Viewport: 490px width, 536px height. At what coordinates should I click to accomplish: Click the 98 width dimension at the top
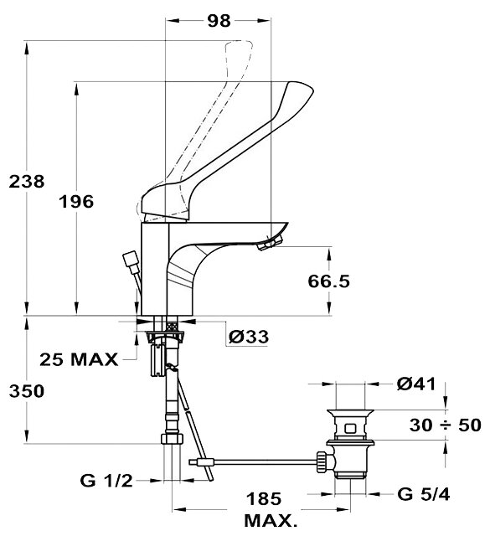coord(219,21)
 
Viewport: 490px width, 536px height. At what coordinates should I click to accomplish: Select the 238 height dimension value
coord(27,181)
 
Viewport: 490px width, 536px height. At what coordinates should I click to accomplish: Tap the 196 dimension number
coord(76,202)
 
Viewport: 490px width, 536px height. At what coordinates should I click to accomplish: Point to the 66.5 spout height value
coord(328,281)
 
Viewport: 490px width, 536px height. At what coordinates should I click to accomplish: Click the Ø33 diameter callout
coord(249,337)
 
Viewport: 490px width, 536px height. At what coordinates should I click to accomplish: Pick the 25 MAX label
coord(79,359)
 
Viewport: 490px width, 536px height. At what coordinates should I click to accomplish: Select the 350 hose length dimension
coord(27,391)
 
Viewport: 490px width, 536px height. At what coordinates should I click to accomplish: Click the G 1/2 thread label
coord(106,481)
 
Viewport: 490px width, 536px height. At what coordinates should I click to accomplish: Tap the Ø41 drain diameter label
coord(416,384)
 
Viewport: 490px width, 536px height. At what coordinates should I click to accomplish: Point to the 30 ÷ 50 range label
coord(446,425)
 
